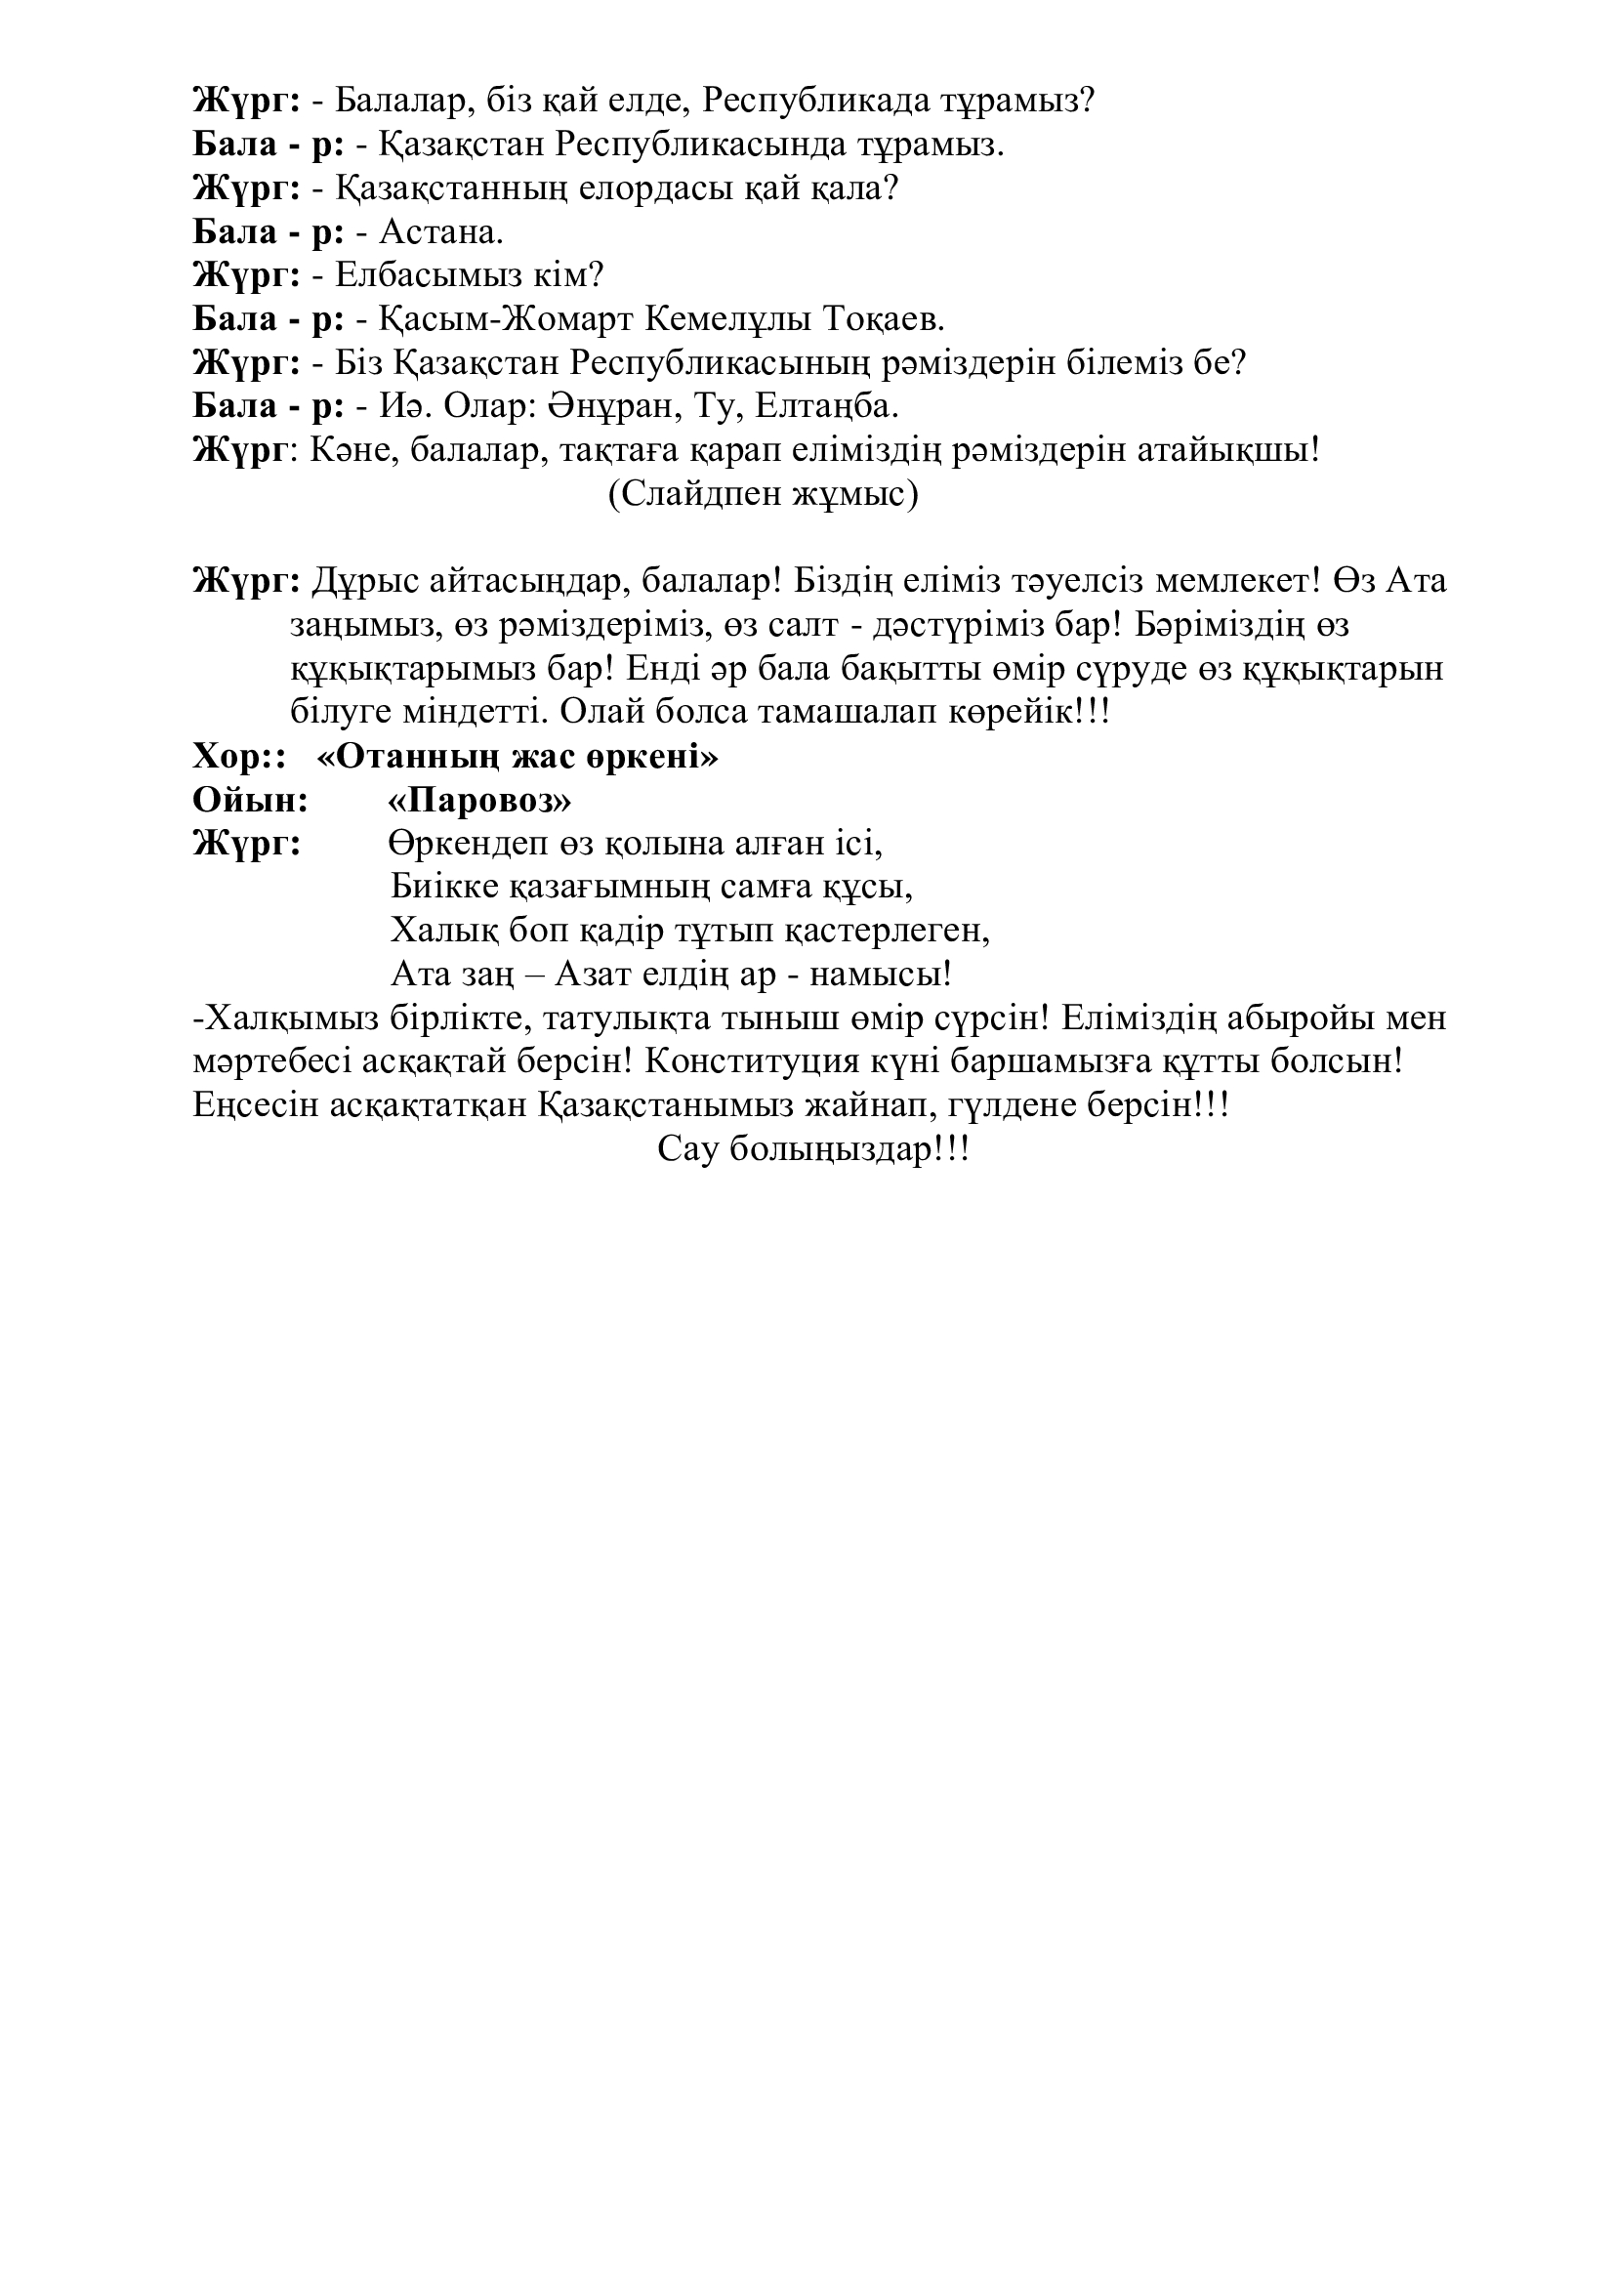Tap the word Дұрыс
click(365, 581)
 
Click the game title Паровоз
click(480, 801)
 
